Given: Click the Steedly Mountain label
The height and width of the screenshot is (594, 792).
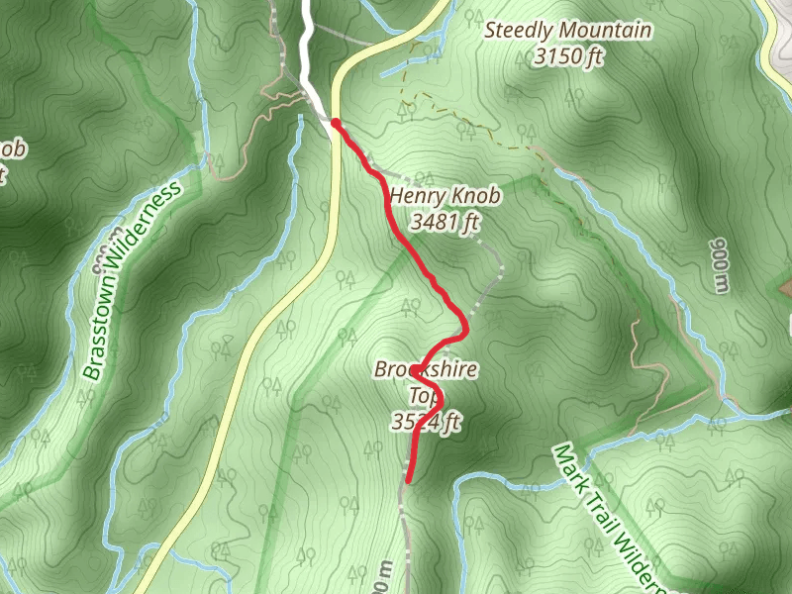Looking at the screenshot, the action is click(x=568, y=31).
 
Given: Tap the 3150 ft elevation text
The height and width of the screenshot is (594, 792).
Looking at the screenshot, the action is click(x=568, y=57).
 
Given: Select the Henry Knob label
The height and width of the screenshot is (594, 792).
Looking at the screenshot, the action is click(x=444, y=196).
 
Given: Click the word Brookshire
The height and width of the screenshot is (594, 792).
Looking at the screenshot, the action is click(x=426, y=370).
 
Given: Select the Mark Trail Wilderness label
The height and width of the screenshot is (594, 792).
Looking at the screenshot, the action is click(x=610, y=514).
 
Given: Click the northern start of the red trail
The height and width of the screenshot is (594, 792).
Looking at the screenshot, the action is click(x=336, y=124).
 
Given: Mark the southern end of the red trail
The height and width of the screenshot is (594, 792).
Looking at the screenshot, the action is click(x=408, y=479).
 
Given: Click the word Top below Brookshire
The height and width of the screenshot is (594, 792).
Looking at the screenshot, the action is click(x=425, y=397).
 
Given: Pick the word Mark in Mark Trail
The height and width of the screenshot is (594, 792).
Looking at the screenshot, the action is click(x=568, y=465).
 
